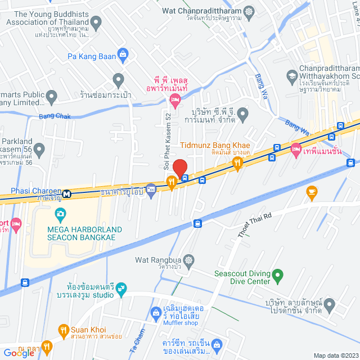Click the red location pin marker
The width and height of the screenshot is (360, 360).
[x=179, y=168]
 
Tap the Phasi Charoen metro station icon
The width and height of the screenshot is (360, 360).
[x=67, y=194]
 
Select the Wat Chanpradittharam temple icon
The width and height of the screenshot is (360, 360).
[x=248, y=11]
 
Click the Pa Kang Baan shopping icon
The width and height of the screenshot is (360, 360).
[x=123, y=55]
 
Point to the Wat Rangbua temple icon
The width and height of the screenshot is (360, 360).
[x=188, y=260]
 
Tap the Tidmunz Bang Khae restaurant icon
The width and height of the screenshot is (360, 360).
[x=237, y=163]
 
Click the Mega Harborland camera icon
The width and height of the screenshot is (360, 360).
[x=60, y=214]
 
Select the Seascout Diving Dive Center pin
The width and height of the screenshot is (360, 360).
[x=277, y=276]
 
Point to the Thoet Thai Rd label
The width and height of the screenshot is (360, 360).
[x=254, y=224]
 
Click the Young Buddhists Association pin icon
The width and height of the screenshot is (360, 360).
[x=96, y=24]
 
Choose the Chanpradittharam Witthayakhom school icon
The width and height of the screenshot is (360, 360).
[x=291, y=75]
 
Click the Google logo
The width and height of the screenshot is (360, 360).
[x=19, y=353]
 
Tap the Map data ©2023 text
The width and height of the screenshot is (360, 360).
[x=335, y=355]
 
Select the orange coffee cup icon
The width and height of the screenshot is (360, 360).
[x=312, y=192]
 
